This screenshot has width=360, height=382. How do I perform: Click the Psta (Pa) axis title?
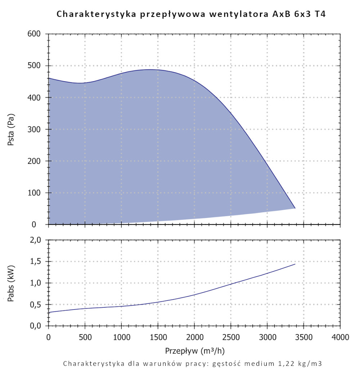coord(12,129)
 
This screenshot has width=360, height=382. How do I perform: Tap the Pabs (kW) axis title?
coord(12,283)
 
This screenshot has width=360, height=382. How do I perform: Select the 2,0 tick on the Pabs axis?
coord(37,240)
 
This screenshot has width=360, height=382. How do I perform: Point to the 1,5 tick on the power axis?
coord(37,262)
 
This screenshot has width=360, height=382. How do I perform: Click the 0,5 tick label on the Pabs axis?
coord(37,305)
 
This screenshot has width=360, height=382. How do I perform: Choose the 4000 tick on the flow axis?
coord(340,337)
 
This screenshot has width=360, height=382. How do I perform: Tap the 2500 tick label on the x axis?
coord(231,337)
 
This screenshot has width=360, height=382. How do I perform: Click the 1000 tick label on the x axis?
coord(121,337)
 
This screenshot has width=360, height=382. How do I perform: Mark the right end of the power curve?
coord(295,264)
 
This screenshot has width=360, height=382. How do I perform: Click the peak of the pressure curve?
coord(149,69)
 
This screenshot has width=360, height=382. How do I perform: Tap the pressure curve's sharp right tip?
coord(295,208)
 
